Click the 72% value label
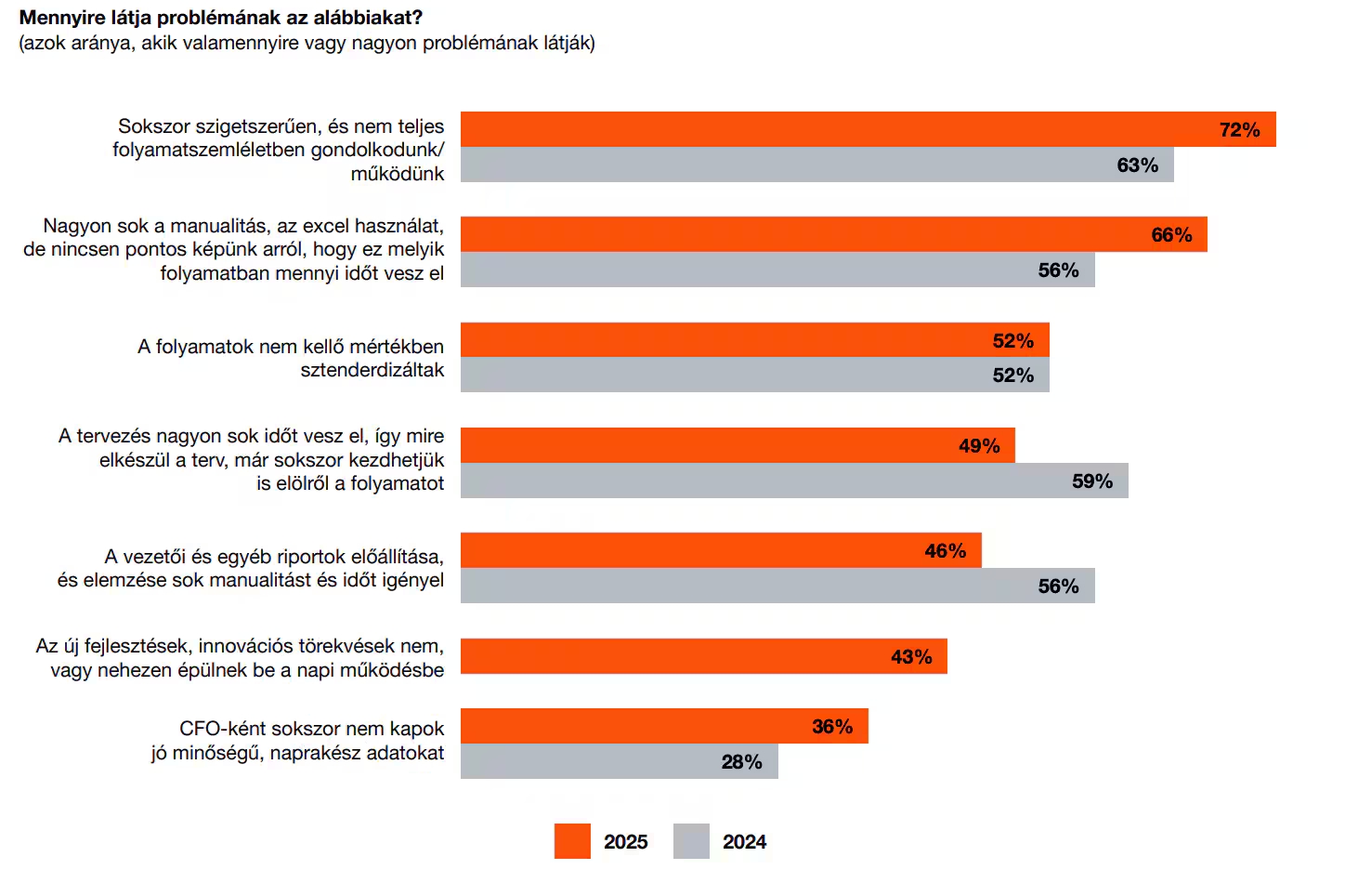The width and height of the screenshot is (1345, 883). pos(1239,130)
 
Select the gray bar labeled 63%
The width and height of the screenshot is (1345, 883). pos(816,165)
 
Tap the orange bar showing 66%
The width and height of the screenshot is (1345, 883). pos(833,235)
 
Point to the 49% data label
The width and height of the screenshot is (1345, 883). pos(979,446)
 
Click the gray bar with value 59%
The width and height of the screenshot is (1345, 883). pos(794,481)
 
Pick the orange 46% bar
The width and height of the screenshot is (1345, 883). pos(721,551)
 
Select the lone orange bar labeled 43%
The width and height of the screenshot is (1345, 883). pos(703,657)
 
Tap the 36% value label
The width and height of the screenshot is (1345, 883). pos(831,727)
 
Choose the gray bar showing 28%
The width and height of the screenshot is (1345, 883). pos(619,762)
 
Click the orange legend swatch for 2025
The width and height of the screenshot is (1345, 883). pos(572,841)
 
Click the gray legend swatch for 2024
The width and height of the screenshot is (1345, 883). pos(691,841)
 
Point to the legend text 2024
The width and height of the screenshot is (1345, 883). pos(744,842)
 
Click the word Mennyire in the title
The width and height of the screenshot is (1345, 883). pos(59,18)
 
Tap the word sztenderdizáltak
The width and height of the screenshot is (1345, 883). pos(372,370)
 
